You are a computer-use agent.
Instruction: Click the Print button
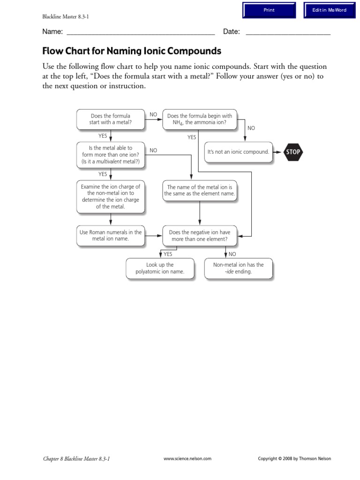(x=269, y=10)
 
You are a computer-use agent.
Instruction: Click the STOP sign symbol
(x=293, y=152)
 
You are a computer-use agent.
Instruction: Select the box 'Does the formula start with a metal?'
(x=110, y=119)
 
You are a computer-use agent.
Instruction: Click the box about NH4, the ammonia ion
(x=199, y=119)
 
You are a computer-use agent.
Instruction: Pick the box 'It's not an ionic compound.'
(x=238, y=152)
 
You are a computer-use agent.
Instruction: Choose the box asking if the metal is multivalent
(x=110, y=155)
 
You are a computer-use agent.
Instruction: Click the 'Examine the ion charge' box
(x=110, y=196)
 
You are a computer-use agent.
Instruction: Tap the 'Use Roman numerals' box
(x=110, y=235)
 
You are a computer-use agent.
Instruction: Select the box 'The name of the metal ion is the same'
(x=200, y=190)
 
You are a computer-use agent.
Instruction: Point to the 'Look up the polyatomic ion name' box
(x=159, y=268)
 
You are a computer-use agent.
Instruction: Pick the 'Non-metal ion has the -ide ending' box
(x=238, y=268)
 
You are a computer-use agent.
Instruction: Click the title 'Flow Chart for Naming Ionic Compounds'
(x=132, y=51)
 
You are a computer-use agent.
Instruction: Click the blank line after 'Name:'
(x=141, y=33)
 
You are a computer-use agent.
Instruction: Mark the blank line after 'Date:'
(x=288, y=33)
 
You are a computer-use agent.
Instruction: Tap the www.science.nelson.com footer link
(x=187, y=459)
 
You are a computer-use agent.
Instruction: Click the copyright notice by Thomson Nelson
(x=294, y=459)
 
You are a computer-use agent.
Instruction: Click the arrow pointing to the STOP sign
(x=278, y=152)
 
